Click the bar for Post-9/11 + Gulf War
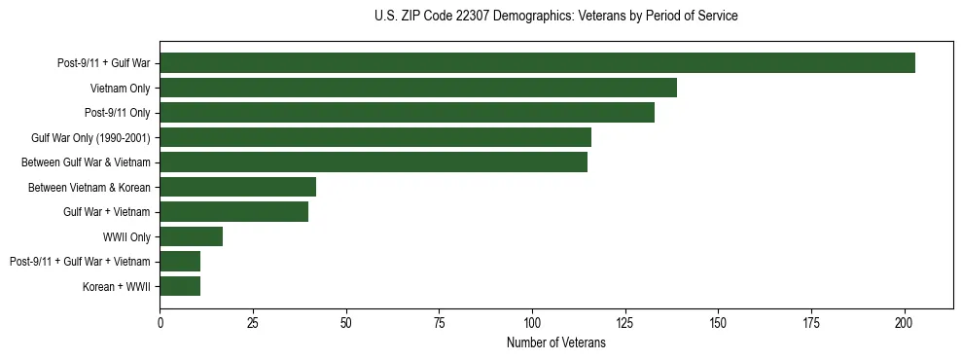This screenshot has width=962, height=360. click(537, 63)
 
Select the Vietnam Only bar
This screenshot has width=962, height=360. click(418, 88)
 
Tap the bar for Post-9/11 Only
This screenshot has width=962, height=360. click(407, 113)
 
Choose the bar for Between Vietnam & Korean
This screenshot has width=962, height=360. click(237, 187)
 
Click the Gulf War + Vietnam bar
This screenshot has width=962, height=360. click(233, 212)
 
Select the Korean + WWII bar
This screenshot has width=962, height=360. click(180, 286)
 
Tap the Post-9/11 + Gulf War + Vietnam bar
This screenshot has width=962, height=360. click(180, 262)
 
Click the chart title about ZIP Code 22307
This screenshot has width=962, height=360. click(555, 17)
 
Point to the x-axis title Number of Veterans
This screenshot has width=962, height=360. click(555, 342)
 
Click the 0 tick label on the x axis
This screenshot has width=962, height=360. click(160, 322)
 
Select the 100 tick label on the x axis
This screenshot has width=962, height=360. click(532, 322)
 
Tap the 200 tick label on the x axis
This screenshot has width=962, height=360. click(905, 322)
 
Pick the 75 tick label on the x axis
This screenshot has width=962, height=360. click(439, 322)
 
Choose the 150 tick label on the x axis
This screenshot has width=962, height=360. click(718, 322)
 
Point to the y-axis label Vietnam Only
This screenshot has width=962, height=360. click(121, 88)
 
